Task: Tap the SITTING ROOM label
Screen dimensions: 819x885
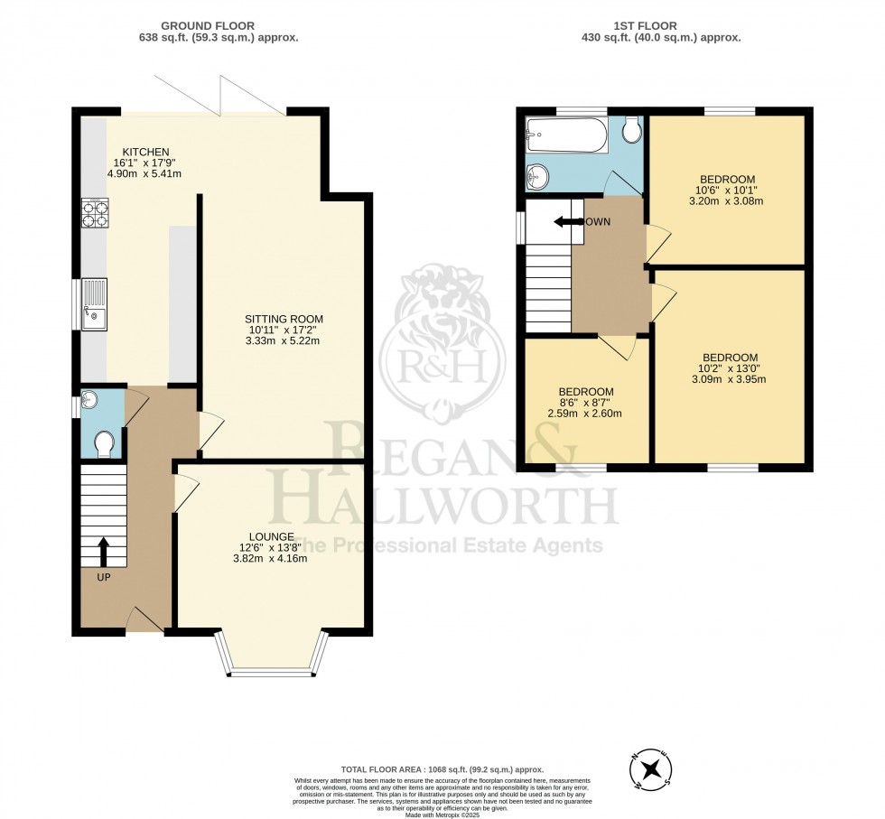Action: pyautogui.click(x=284, y=319)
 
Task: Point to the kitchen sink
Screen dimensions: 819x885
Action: pyautogui.click(x=94, y=304)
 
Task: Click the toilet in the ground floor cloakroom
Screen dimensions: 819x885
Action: pyautogui.click(x=104, y=442)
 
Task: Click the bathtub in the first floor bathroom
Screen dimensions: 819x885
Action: pyautogui.click(x=567, y=135)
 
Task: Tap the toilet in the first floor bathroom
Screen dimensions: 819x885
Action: pyautogui.click(x=631, y=131)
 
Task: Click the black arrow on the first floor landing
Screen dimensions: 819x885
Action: pyautogui.click(x=568, y=222)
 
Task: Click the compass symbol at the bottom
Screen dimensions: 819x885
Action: pyautogui.click(x=650, y=769)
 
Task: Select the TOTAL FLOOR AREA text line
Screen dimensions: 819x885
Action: pyautogui.click(x=442, y=768)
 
